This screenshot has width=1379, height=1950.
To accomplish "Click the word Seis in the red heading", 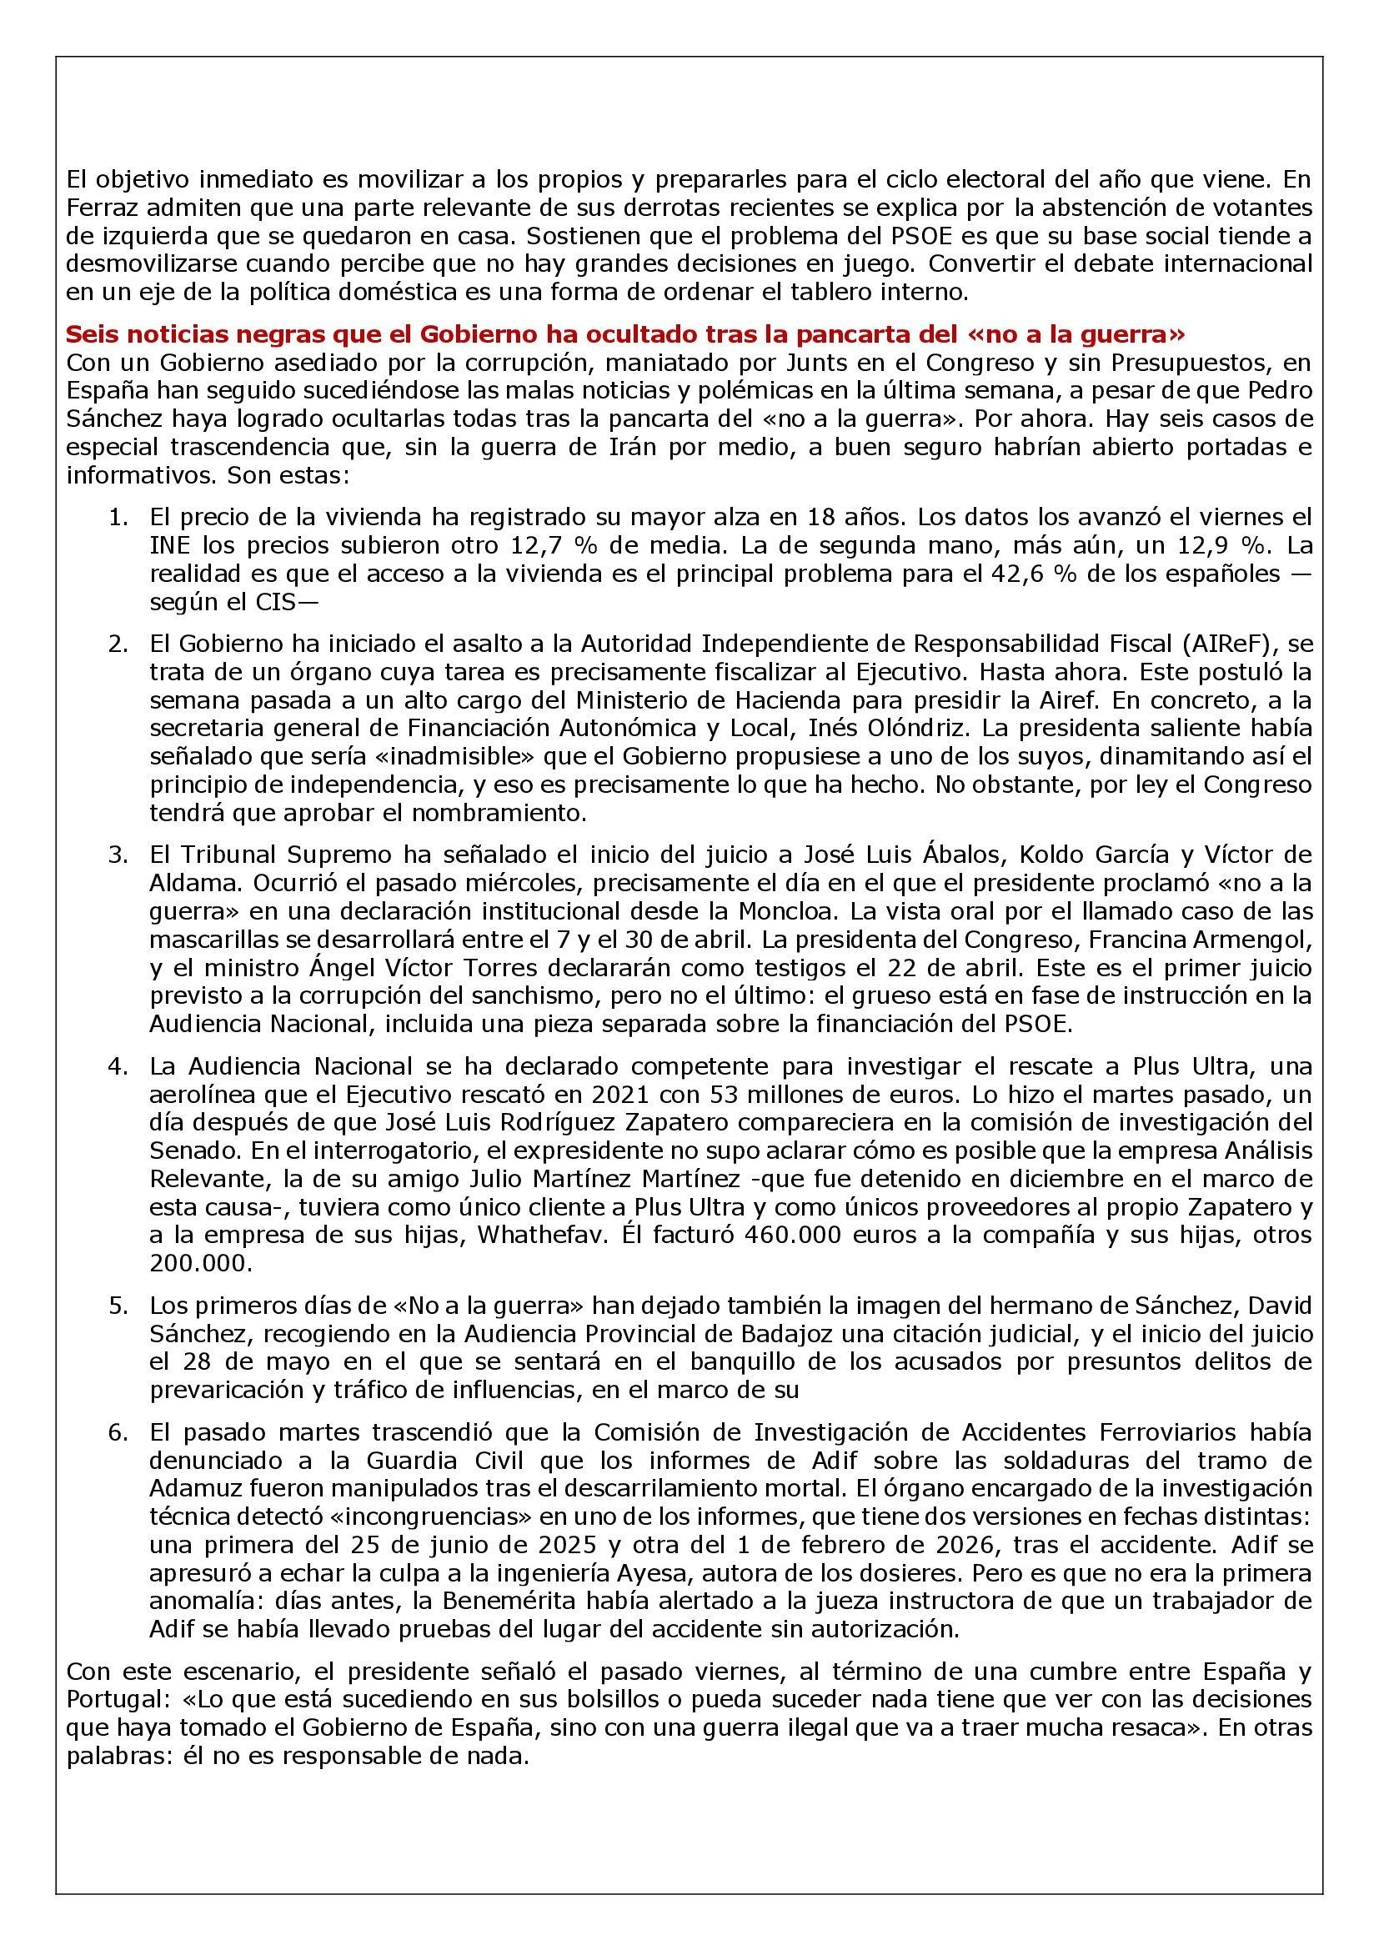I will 89,333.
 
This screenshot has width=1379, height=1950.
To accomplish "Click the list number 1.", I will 120,517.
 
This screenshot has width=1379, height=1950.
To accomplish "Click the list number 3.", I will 120,855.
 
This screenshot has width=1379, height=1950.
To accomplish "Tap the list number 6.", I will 120,1433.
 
